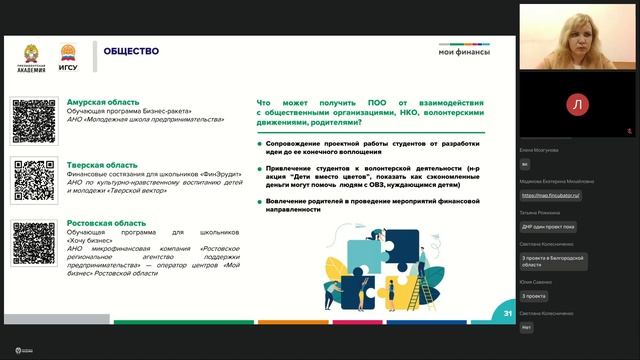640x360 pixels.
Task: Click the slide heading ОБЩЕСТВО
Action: (x=131, y=51)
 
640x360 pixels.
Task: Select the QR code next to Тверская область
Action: (x=34, y=180)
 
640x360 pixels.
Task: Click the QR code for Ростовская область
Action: (x=34, y=242)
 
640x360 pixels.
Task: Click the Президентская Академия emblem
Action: (x=30, y=54)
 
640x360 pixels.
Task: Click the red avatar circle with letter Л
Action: (x=579, y=103)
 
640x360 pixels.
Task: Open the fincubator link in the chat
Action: (x=551, y=196)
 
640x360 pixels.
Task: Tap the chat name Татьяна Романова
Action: (x=540, y=213)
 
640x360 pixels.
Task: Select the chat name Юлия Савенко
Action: (x=538, y=282)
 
